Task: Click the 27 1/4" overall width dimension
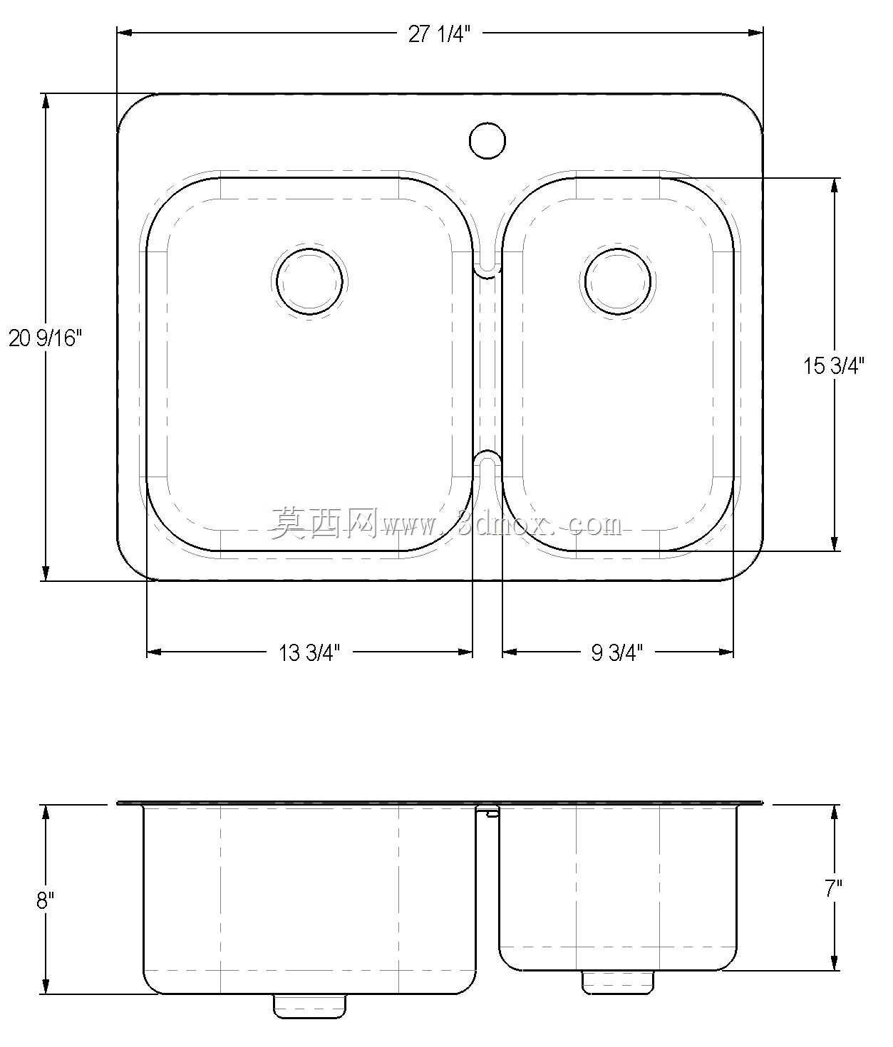440,34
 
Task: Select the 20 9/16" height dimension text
45,338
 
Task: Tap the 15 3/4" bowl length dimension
834,365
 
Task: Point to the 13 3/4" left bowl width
309,652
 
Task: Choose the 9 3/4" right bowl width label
617,652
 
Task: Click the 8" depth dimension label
45,900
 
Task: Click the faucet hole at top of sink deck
487,140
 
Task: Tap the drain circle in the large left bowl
309,281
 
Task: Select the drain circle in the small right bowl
618,281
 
